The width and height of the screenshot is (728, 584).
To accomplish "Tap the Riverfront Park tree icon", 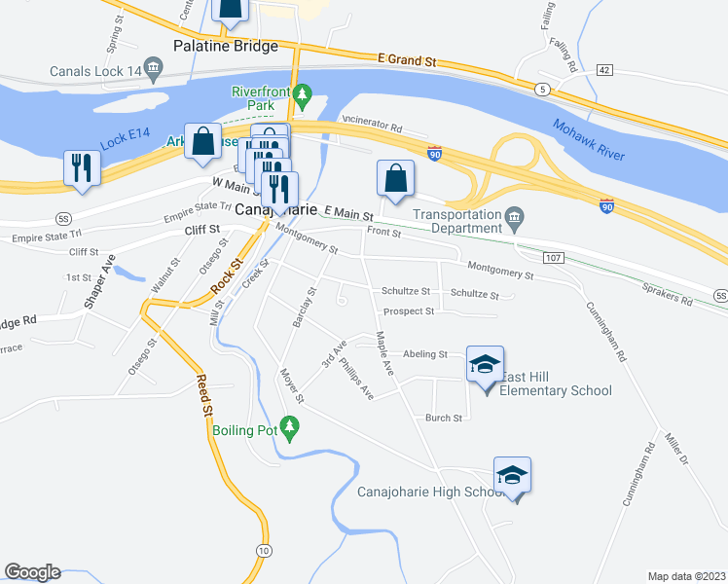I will [x=302, y=94].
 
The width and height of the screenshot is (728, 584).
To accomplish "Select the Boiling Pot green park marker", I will [x=289, y=425].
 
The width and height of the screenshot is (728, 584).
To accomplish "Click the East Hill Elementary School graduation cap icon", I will [x=485, y=365].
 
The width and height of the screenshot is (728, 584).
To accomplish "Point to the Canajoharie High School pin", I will [x=512, y=476].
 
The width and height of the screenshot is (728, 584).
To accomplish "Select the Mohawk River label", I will [x=587, y=139].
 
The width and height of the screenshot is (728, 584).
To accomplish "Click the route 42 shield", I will [x=604, y=70].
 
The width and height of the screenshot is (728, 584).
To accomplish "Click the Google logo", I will [x=32, y=572].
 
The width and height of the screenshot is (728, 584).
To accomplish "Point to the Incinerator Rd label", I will [x=371, y=126].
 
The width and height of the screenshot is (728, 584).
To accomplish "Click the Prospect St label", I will [x=408, y=311].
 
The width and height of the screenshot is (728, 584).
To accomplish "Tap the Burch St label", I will [x=443, y=418].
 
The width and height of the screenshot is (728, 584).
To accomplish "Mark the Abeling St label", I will [x=423, y=354].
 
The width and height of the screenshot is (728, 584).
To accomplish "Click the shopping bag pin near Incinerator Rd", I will [x=395, y=179].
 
